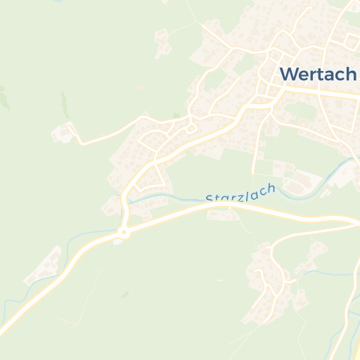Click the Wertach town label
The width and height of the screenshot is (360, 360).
pyautogui.click(x=319, y=73)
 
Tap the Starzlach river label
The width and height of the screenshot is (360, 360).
pyautogui.click(x=240, y=193)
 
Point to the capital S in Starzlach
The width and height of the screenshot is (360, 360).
pyautogui.click(x=210, y=199)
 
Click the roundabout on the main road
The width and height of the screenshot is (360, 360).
pyautogui.click(x=124, y=231)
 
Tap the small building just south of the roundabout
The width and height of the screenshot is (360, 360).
pyautogui.click(x=118, y=241)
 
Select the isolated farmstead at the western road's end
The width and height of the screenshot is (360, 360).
pyautogui.click(x=64, y=131)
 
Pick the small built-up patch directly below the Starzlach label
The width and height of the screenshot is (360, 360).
pyautogui.click(x=224, y=214)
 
